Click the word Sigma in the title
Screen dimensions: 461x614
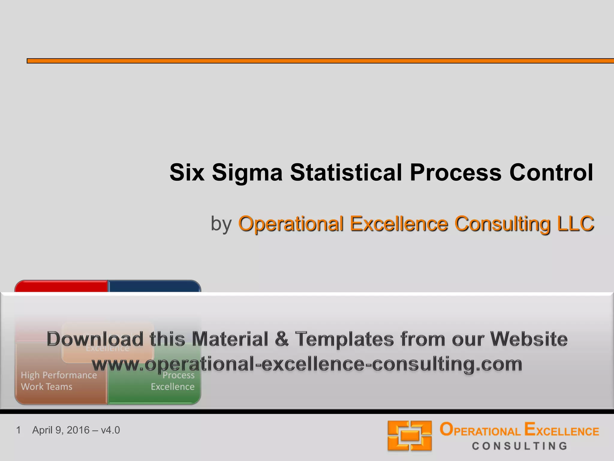click(247, 173)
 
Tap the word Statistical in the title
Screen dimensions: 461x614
click(346, 173)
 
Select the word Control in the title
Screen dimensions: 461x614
click(551, 173)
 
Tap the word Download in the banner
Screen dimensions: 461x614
click(95, 339)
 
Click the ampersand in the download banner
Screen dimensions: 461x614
click(282, 339)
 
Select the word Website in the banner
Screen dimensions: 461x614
click(529, 339)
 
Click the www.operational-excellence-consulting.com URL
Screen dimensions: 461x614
click(307, 364)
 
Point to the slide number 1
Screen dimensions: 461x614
click(19, 430)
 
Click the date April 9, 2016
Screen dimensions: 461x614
click(61, 430)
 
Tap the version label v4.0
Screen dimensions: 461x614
click(110, 430)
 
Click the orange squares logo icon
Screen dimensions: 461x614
click(410, 435)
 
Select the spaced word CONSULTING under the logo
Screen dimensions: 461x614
click(520, 446)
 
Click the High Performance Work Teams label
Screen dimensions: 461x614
click(59, 381)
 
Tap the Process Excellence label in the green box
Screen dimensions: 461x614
click(173, 381)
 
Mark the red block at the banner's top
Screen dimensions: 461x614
click(61, 286)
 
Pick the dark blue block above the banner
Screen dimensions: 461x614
click(154, 286)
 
